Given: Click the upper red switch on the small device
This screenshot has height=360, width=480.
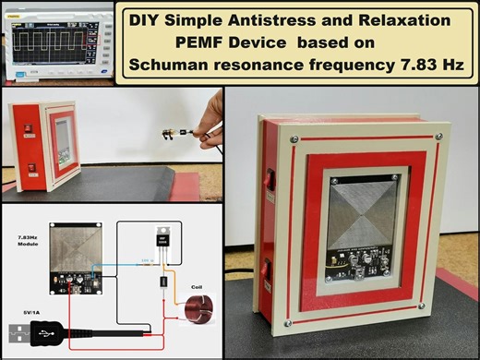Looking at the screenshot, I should pyautogui.click(x=29, y=128).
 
